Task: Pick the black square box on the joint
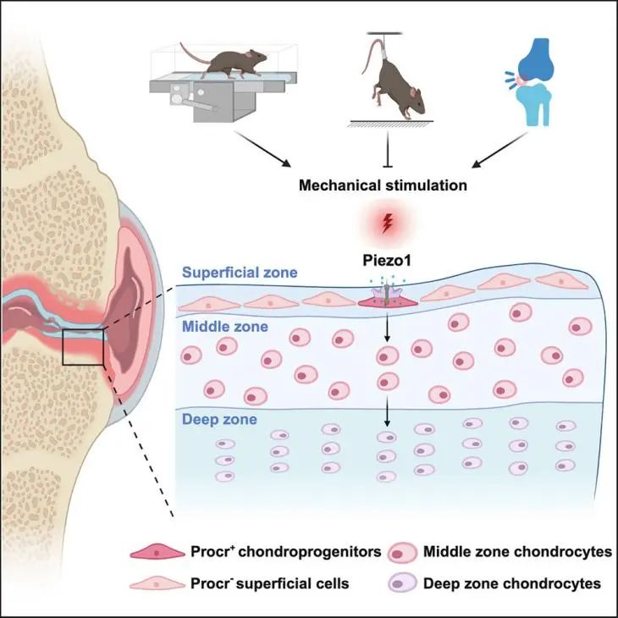click(83, 349)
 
